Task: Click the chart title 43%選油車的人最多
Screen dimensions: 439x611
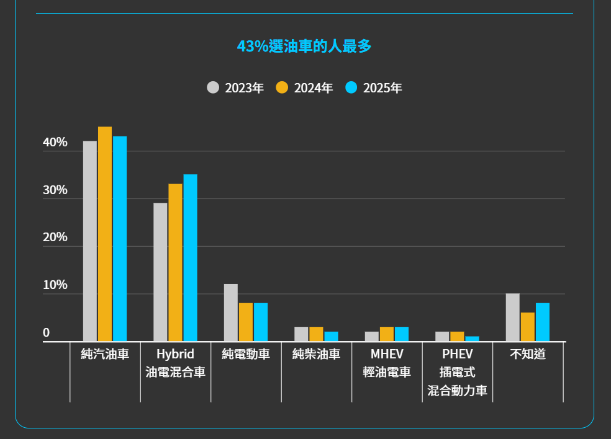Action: click(x=304, y=47)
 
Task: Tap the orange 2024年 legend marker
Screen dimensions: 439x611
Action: click(x=282, y=87)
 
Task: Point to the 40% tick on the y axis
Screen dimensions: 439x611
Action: click(x=55, y=143)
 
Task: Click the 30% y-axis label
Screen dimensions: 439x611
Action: click(x=55, y=190)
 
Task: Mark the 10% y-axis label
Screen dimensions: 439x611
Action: click(x=55, y=286)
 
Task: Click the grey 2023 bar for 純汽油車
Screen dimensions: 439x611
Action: click(x=90, y=241)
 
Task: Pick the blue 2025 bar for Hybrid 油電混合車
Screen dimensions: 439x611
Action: click(x=190, y=257)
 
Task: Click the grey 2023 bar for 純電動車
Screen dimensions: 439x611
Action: click(x=231, y=313)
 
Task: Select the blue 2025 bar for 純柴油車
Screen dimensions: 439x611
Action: click(x=331, y=337)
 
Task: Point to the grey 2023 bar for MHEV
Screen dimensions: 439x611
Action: click(x=372, y=337)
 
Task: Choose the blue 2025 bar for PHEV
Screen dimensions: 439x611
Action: click(x=472, y=339)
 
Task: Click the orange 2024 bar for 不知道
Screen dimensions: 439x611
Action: click(x=528, y=327)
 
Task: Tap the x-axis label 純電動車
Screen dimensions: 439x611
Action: click(x=246, y=354)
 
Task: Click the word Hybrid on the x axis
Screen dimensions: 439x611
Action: click(x=175, y=354)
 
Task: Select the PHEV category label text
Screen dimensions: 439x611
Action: click(x=458, y=354)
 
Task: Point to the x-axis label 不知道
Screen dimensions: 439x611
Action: click(x=528, y=354)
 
